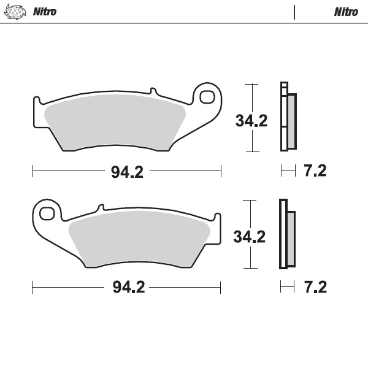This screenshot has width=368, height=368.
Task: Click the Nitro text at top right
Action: (346, 12)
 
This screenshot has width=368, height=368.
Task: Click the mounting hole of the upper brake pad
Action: (207, 98)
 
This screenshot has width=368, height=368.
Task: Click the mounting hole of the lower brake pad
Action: (46, 214)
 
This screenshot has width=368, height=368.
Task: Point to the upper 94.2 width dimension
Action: (127, 171)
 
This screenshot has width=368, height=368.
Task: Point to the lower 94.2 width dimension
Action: (127, 286)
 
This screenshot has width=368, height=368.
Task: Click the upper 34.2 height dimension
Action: (251, 121)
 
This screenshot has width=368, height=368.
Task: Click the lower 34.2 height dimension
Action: (250, 236)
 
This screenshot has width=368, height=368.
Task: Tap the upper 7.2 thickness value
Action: (315, 171)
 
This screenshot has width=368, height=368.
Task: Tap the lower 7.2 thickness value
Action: (315, 286)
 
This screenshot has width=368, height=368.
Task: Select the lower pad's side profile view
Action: (286, 234)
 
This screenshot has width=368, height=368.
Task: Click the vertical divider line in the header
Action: (295, 12)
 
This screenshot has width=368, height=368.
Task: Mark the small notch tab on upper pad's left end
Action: (37, 99)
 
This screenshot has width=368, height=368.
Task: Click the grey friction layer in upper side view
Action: (292, 121)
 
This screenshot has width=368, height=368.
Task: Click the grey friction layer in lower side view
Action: (291, 238)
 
